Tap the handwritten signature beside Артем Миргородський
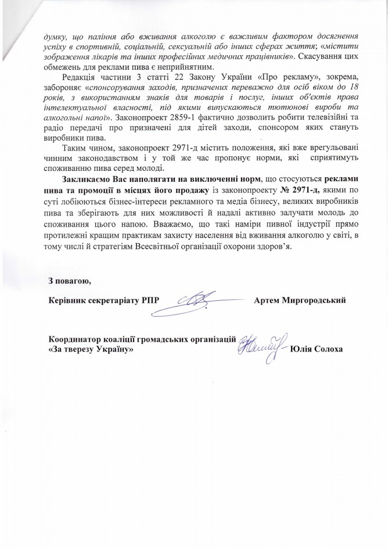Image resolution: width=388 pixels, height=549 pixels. tap(199, 299)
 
